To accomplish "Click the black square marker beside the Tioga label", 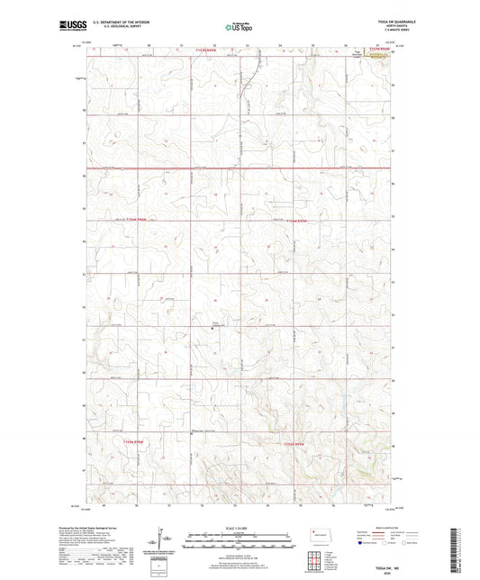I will coord(213,328).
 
